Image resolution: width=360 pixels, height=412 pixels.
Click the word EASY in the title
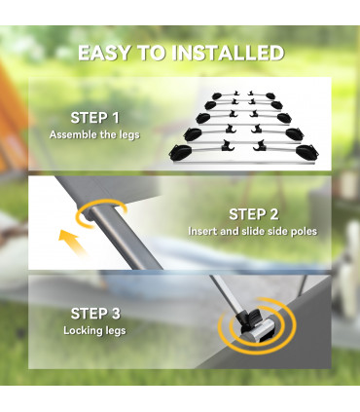click(104, 53)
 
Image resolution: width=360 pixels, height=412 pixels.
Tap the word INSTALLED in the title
click(228, 53)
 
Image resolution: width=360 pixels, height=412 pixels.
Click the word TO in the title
click(151, 53)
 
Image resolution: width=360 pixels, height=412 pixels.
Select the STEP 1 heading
click(94, 118)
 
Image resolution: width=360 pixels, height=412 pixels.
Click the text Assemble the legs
click(94, 134)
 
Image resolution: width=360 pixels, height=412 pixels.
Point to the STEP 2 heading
click(253, 214)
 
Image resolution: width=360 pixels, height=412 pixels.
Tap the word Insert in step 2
click(202, 231)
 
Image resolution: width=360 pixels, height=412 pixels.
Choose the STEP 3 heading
click(95, 314)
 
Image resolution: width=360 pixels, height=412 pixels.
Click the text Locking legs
click(94, 331)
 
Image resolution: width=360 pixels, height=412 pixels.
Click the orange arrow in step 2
click(72, 241)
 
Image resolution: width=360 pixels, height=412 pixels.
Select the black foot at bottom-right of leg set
click(306, 151)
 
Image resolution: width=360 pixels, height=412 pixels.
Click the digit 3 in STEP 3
click(115, 314)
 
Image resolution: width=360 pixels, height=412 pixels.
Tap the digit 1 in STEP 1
click(116, 118)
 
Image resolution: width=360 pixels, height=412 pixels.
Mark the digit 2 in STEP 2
click(273, 214)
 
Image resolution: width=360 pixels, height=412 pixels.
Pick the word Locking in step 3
click(83, 331)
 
